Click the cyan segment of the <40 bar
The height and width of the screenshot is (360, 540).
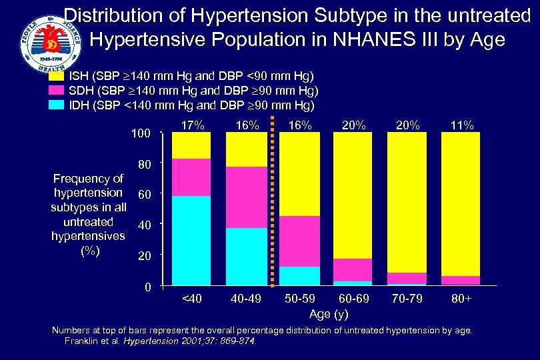pyautogui.click(x=191, y=241)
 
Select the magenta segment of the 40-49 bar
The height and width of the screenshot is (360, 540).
pyautogui.click(x=245, y=197)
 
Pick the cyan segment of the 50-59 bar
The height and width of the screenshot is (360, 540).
pyautogui.click(x=299, y=276)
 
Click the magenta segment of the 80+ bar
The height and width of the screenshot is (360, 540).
pyautogui.click(x=461, y=280)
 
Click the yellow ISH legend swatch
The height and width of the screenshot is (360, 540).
pyautogui.click(x=56, y=77)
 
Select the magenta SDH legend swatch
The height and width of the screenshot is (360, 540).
pyautogui.click(x=56, y=91)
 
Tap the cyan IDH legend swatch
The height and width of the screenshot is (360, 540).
pyautogui.click(x=56, y=105)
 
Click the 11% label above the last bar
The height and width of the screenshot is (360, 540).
pyautogui.click(x=461, y=125)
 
